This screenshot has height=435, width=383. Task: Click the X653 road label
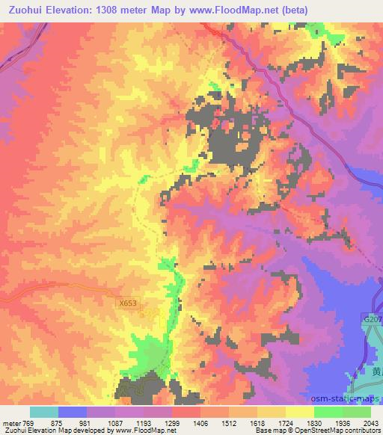128,303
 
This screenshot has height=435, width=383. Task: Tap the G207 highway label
371,318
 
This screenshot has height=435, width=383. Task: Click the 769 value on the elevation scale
27,423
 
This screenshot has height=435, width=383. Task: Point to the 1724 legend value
287,423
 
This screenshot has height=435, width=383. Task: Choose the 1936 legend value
344,423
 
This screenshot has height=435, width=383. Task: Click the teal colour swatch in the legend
44,412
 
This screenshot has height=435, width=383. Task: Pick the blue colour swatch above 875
73,412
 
